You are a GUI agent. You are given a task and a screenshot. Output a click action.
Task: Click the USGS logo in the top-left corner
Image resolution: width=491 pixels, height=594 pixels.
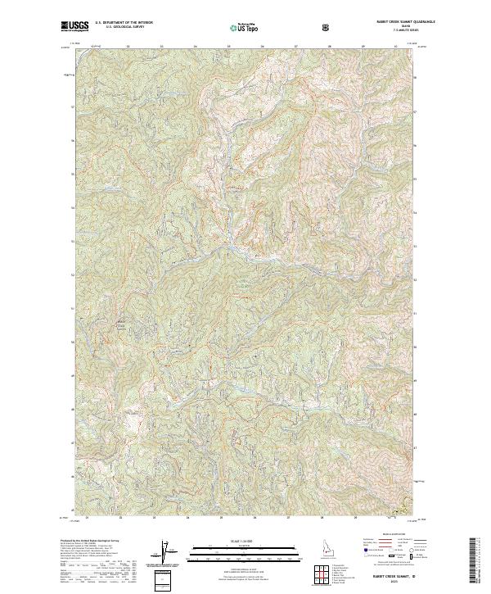pyautogui.click(x=75, y=26)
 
